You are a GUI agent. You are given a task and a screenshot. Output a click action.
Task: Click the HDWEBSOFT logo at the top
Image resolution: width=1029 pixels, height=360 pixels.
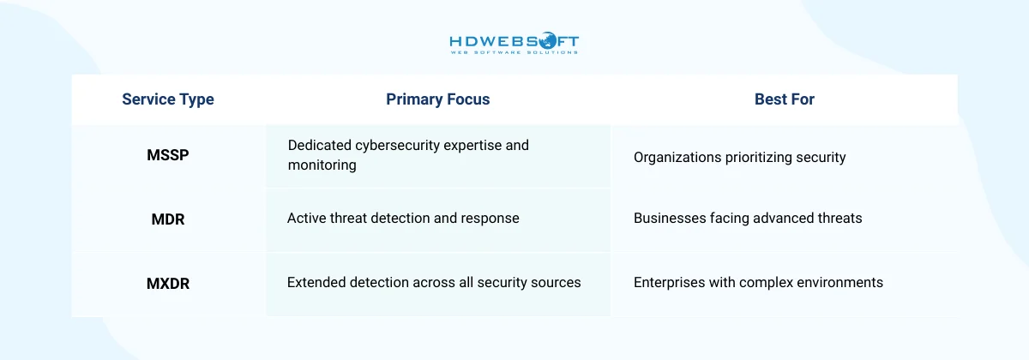click(x=514, y=41)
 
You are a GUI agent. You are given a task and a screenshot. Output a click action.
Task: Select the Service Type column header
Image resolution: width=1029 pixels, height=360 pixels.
click(x=168, y=99)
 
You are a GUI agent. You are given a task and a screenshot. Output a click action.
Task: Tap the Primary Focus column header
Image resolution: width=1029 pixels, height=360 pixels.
click(x=437, y=99)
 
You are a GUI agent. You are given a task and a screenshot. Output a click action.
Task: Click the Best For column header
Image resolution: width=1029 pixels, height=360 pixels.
click(x=784, y=99)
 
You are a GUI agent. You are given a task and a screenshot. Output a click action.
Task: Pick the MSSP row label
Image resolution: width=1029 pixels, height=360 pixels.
click(x=168, y=156)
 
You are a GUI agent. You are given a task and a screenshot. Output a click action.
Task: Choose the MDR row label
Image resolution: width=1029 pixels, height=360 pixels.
click(x=168, y=219)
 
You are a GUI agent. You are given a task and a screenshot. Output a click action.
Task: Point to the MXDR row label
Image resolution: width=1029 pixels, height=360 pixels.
click(x=168, y=284)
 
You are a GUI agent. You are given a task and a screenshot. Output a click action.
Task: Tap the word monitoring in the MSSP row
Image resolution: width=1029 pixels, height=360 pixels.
click(x=322, y=165)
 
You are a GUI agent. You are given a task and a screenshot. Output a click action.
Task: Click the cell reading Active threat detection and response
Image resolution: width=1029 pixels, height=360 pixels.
click(x=403, y=218)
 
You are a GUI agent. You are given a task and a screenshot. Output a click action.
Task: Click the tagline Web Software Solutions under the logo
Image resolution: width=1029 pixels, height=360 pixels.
click(x=514, y=52)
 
